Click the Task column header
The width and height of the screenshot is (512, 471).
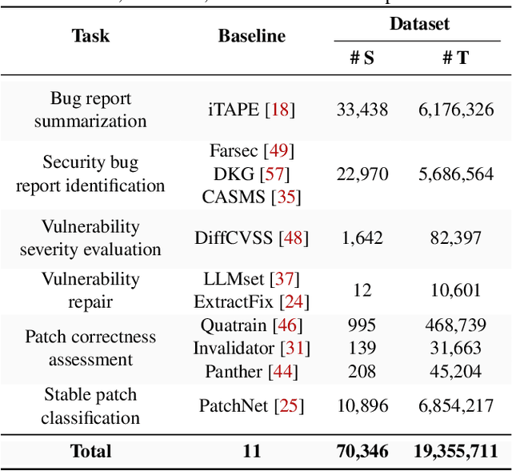pyautogui.click(x=90, y=36)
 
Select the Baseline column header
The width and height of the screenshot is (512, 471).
pyautogui.click(x=251, y=36)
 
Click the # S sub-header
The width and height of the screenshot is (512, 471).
pyautogui.click(x=362, y=58)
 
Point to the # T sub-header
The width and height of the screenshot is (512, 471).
pyautogui.click(x=455, y=58)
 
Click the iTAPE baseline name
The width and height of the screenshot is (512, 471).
pyautogui.click(x=232, y=110)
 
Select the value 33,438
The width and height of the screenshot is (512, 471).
pyautogui.click(x=362, y=110)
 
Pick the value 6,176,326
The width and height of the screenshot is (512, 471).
pyautogui.click(x=456, y=110)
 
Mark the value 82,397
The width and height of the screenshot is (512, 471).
pyautogui.click(x=456, y=237)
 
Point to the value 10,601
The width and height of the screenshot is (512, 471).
pyautogui.click(x=456, y=290)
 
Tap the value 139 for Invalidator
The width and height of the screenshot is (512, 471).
pyautogui.click(x=362, y=348)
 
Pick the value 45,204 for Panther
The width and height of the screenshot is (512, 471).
pyautogui.click(x=456, y=371)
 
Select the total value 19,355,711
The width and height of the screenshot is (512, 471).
pyautogui.click(x=456, y=452)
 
